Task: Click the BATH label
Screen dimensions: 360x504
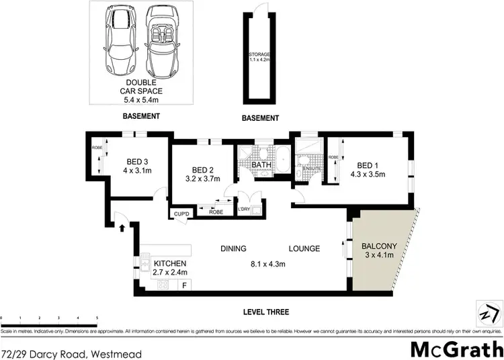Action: click(261, 164)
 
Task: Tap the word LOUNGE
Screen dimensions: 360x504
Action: click(304, 248)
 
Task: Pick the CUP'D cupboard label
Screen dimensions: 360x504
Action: click(181, 214)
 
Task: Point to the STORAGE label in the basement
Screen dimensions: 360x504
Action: click(259, 53)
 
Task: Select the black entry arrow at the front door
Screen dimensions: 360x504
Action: click(122, 228)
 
